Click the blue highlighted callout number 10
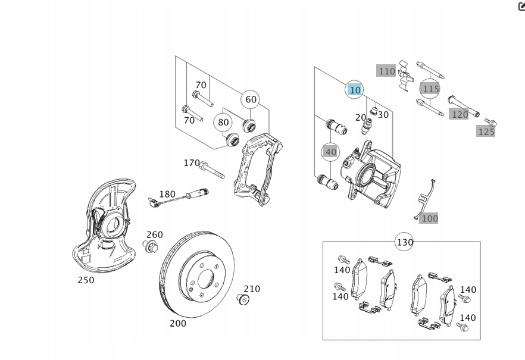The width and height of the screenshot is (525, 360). pyautogui.click(x=355, y=90)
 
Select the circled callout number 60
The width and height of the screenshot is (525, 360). pyautogui.click(x=251, y=99)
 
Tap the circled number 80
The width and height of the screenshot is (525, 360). pyautogui.click(x=223, y=123)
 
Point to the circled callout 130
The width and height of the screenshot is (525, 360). pyautogui.click(x=405, y=242)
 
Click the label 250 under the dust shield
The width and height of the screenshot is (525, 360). pyautogui.click(x=86, y=280)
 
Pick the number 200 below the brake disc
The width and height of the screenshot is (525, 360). pyautogui.click(x=178, y=323)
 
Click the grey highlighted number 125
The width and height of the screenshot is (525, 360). pyautogui.click(x=486, y=132)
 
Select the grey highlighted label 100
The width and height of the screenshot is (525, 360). pyautogui.click(x=429, y=218)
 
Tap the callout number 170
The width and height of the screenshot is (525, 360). pyautogui.click(x=192, y=162)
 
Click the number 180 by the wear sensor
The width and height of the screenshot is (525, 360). pyautogui.click(x=167, y=194)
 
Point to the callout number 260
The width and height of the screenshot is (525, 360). pyautogui.click(x=154, y=234)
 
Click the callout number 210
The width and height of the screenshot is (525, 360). pyautogui.click(x=252, y=289)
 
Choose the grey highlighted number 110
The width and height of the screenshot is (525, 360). pyautogui.click(x=387, y=71)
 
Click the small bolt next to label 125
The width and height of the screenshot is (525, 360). pyautogui.click(x=490, y=123)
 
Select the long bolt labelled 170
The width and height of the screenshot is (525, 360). pyautogui.click(x=212, y=170)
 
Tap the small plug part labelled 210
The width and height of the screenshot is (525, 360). pyautogui.click(x=242, y=299)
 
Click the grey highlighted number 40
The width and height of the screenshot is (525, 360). pyautogui.click(x=331, y=152)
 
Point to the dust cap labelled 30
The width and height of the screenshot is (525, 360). pyautogui.click(x=374, y=109)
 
